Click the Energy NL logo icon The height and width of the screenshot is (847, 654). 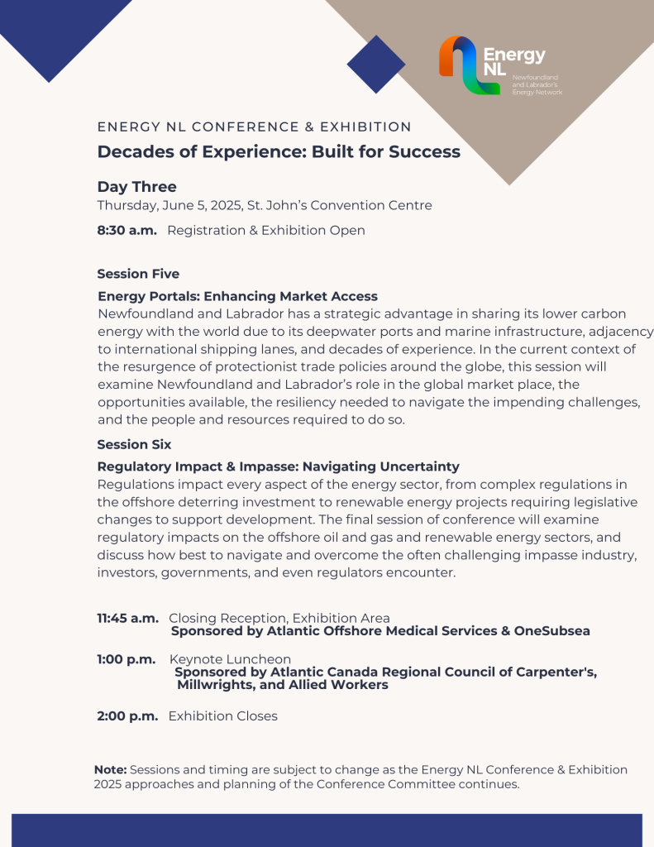click(469, 65)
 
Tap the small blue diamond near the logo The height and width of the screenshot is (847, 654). click(376, 64)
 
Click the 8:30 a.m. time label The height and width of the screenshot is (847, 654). click(127, 231)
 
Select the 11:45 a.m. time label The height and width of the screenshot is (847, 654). click(127, 618)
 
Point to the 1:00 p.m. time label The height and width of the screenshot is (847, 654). click(127, 659)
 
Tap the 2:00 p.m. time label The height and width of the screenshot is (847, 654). click(127, 716)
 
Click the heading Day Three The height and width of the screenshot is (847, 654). click(136, 187)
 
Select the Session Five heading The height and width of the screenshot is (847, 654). click(138, 274)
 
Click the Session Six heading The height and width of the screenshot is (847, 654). click(134, 444)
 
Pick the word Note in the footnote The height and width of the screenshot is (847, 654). click(110, 770)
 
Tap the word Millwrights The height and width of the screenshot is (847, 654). click(217, 685)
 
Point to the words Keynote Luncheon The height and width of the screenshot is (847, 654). click(218, 659)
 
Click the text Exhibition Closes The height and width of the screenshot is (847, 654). click(222, 716)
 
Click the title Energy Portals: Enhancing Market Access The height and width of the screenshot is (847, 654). click(237, 296)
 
